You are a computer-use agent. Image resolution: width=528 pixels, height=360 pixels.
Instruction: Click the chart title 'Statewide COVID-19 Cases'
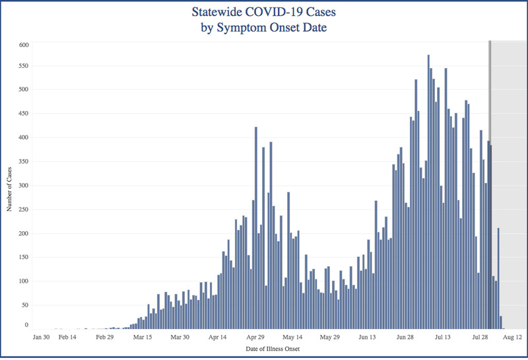pos(264,13)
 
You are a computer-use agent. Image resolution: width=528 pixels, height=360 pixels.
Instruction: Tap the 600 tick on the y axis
pos(24,45)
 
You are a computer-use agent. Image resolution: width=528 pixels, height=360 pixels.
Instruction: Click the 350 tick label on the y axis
pos(24,162)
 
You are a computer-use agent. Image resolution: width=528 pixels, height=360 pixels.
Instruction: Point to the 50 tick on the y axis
pos(25,306)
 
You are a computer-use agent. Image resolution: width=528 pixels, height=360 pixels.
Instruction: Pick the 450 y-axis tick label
pos(24,114)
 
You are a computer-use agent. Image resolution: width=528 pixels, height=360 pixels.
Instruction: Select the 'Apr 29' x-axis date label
pos(256,336)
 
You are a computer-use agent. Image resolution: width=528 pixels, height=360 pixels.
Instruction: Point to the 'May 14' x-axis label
pos(291,336)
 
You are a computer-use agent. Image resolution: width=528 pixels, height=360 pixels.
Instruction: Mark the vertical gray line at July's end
pos(490,185)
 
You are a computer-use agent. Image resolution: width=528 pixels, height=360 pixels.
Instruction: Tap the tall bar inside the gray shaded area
pos(498,278)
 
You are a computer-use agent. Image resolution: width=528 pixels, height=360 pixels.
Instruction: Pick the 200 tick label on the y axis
pos(24,234)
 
